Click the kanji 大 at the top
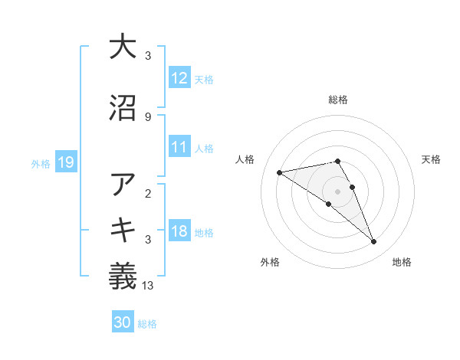[x=123, y=47]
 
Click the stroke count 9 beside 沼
[x=148, y=117]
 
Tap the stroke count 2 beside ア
[x=148, y=194]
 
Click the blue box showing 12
[x=179, y=77]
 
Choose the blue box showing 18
[x=179, y=231]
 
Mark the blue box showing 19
[x=65, y=162]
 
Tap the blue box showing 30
[x=123, y=322]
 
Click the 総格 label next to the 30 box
[x=148, y=324]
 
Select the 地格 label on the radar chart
[x=402, y=263]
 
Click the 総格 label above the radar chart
[x=338, y=100]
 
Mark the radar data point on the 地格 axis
[x=373, y=242]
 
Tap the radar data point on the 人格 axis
[x=280, y=172]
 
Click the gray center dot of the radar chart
[x=338, y=191]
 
